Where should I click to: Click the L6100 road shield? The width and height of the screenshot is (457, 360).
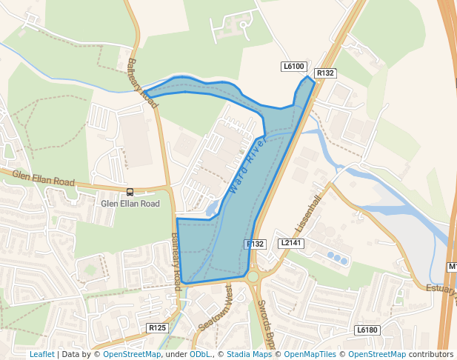[x=294, y=67]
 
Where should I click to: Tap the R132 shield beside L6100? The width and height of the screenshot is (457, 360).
[x=325, y=73]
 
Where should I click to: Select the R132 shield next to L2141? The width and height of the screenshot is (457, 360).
[x=255, y=244]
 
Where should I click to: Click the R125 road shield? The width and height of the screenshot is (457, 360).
[x=157, y=327]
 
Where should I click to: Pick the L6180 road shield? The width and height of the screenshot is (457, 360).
[x=367, y=330]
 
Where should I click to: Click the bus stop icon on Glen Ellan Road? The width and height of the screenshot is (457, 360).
[x=130, y=191]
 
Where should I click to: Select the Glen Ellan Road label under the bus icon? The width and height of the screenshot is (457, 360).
[x=130, y=203]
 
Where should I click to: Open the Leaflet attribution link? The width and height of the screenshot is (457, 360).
[x=41, y=354]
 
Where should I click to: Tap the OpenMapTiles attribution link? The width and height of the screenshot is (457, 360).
[x=308, y=354]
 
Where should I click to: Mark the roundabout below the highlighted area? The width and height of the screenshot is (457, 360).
[x=253, y=276]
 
